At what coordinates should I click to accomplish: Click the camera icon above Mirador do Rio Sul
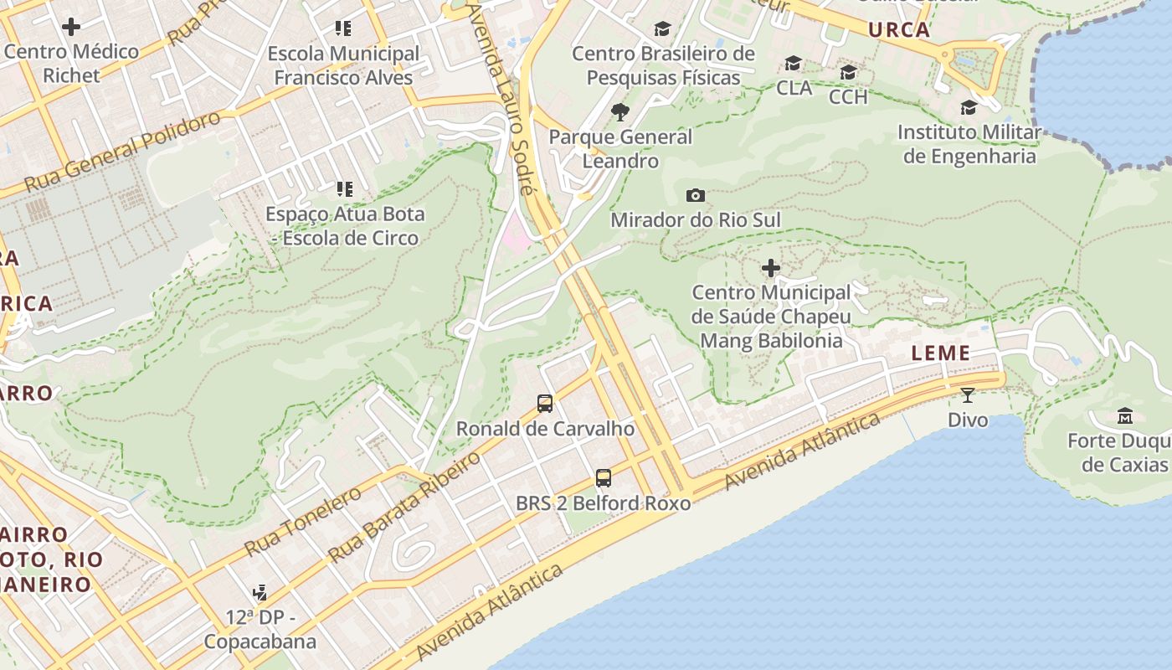(x=695, y=195)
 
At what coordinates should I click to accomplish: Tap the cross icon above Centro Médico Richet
(x=71, y=27)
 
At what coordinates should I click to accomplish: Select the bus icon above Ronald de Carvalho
(x=545, y=404)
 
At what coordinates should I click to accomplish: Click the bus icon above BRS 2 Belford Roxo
(x=603, y=478)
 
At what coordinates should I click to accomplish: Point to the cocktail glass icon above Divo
(x=968, y=394)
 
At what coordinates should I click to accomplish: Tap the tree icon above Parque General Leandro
(x=619, y=111)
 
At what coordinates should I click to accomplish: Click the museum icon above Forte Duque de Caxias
(x=1125, y=415)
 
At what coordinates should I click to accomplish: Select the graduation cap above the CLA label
(x=793, y=64)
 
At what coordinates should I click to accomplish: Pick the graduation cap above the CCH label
(x=848, y=72)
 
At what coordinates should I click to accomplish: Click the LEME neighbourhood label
(x=940, y=353)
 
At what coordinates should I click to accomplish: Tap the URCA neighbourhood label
(x=899, y=30)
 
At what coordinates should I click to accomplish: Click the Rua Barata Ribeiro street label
(x=405, y=507)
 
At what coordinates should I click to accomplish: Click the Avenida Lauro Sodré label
(x=501, y=96)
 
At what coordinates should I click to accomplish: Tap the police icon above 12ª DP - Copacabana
(x=260, y=593)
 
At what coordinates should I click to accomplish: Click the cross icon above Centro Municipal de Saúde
(x=770, y=268)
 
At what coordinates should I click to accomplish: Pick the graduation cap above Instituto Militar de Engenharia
(x=969, y=107)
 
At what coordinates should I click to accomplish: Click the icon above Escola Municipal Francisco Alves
(x=342, y=28)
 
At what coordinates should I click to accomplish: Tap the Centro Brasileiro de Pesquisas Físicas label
(x=663, y=65)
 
